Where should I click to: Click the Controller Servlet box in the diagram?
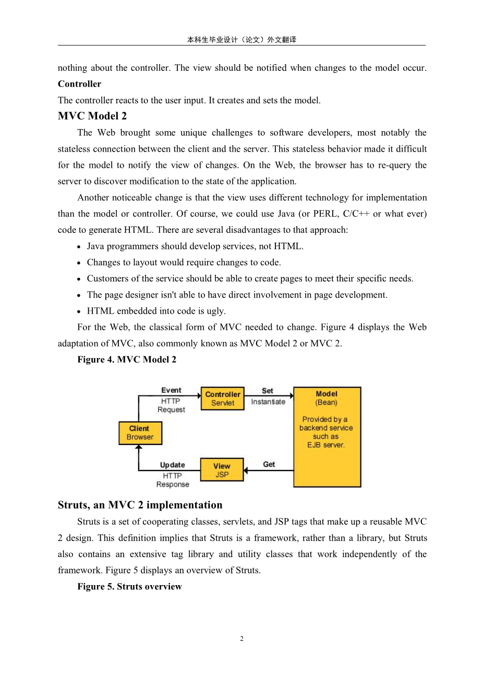[x=222, y=399]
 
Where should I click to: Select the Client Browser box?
[x=140, y=433]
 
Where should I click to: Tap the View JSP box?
[x=222, y=470]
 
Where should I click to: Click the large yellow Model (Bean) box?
[x=327, y=437]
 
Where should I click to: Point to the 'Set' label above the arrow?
[x=268, y=391]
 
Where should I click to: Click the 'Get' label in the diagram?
[x=269, y=464]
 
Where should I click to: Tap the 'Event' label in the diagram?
[x=171, y=390]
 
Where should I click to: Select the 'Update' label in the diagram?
[x=172, y=465]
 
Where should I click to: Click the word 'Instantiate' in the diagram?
[x=268, y=402]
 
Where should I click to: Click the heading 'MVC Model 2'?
[x=92, y=116]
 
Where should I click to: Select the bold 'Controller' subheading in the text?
[x=79, y=84]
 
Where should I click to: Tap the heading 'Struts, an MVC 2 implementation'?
[x=140, y=505]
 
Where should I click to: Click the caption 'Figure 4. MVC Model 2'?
[x=127, y=359]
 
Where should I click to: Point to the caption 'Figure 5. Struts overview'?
[x=129, y=587]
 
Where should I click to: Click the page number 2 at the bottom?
[x=241, y=639]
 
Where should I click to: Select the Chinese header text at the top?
[x=241, y=40]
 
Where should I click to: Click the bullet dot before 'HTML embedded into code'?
[x=79, y=312]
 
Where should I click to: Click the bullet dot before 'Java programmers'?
[x=79, y=247]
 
